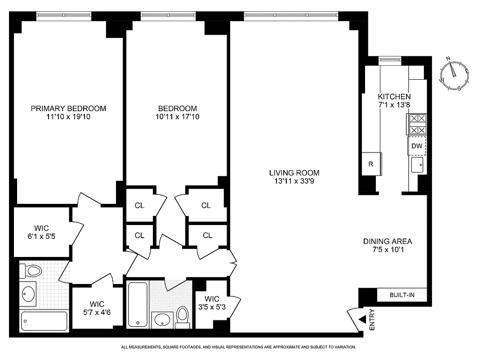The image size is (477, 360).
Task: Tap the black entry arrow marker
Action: point(362,319)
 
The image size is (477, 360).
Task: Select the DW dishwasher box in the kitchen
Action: point(417,146)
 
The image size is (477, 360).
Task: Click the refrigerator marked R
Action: point(371,164)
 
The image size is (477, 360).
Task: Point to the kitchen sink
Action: point(417,165)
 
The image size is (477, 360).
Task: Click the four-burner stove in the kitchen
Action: point(416,124)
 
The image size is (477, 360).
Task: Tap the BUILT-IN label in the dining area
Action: point(401,295)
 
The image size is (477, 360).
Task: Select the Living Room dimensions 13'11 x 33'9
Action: point(294,182)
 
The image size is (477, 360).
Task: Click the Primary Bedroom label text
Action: point(68,108)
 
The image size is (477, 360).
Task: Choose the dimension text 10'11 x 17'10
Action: point(177,117)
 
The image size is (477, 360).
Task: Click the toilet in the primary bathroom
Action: point(31,271)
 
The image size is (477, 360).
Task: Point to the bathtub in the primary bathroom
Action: point(44,321)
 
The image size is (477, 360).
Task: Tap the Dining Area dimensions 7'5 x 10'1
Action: point(388,250)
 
